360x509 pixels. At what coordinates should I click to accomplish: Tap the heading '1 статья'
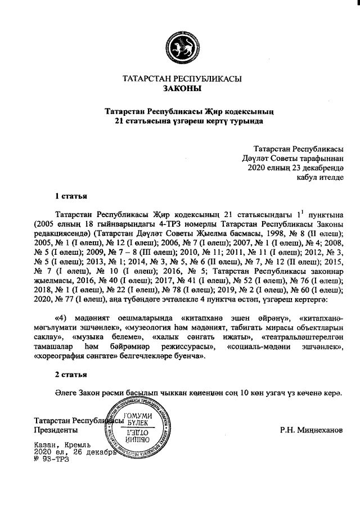(71, 196)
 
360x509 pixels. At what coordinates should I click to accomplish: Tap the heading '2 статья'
(71, 374)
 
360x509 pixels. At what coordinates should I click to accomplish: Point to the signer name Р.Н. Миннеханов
(310, 430)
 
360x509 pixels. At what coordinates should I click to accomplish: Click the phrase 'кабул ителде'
(319, 177)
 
